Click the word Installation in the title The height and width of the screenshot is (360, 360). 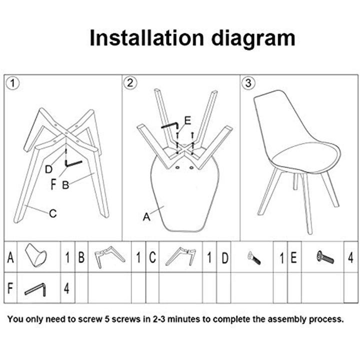click(146, 38)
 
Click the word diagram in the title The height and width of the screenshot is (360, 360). click(253, 39)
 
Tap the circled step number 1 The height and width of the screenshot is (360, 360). click(12, 83)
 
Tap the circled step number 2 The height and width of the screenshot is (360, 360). click(130, 82)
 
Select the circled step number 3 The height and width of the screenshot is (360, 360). click(248, 83)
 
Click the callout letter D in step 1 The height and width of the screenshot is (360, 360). click(48, 169)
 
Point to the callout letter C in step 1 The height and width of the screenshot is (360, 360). click(53, 213)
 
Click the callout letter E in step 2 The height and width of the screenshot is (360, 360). click(188, 120)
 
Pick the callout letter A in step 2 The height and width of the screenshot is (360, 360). click(146, 216)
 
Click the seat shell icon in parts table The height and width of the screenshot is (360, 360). click(36, 255)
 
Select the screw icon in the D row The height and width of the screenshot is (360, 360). click(254, 258)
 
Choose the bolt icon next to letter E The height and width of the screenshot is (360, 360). click(325, 257)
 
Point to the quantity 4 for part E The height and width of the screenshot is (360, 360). click(350, 257)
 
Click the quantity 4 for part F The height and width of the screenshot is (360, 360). click(66, 288)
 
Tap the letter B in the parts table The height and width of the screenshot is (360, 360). click(81, 257)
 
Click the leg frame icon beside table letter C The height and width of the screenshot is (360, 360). click(181, 256)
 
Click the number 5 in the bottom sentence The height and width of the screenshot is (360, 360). click(107, 319)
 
